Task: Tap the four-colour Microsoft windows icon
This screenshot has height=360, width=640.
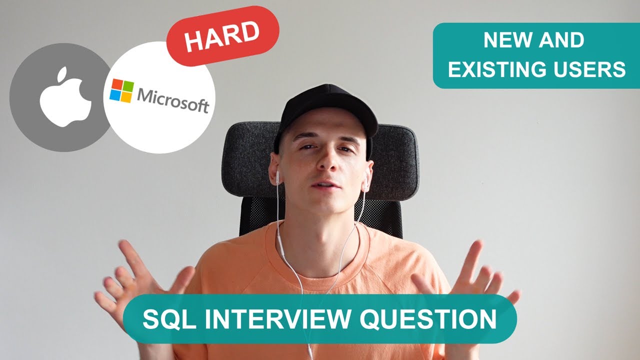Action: point(121,91)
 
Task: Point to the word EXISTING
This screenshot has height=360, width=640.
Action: point(505,69)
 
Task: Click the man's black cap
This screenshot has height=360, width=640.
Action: point(327,107)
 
